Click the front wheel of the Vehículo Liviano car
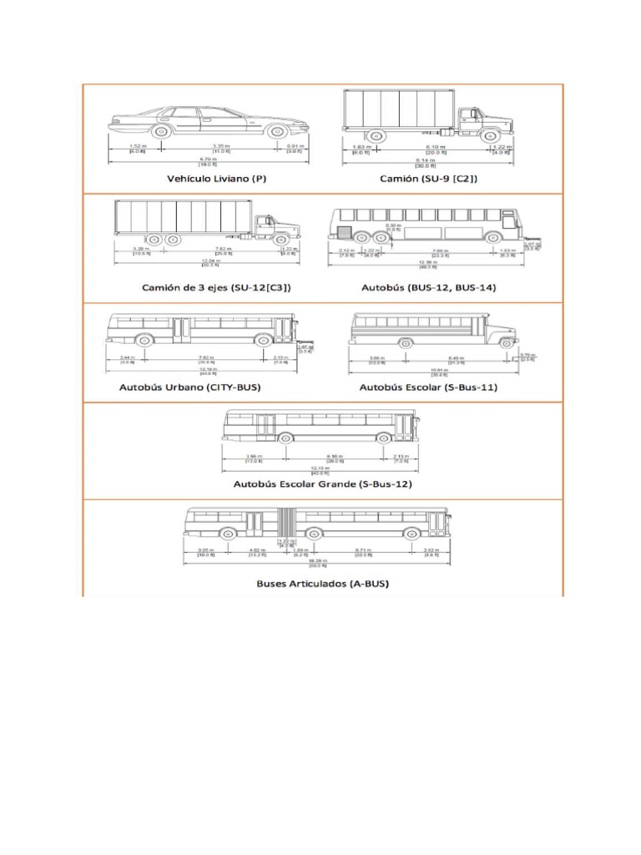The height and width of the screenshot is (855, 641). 277,130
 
